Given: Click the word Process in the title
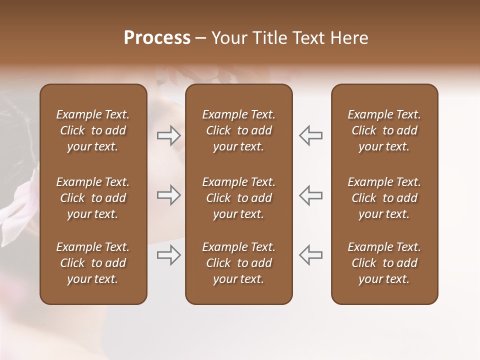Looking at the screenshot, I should (x=157, y=38).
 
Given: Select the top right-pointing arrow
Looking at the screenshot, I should (x=168, y=135).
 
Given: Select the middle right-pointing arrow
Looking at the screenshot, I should (x=168, y=195).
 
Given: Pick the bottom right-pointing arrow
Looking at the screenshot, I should (x=168, y=255).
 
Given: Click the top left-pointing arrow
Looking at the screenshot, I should (x=310, y=135).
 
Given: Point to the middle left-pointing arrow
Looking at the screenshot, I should (x=310, y=195).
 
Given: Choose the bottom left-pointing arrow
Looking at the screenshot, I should (x=310, y=255).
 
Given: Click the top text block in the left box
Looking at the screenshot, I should (x=93, y=130).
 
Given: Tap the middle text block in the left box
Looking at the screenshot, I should (x=93, y=198).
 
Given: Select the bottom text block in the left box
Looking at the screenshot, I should (x=93, y=263).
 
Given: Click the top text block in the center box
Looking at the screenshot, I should (x=239, y=130).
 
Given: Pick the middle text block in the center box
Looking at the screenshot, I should (x=239, y=198).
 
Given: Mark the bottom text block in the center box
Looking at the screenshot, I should (x=239, y=263).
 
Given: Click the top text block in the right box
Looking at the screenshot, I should (x=384, y=130).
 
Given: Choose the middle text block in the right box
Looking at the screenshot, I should (x=384, y=198).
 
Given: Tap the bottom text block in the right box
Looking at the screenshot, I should (x=384, y=263).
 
